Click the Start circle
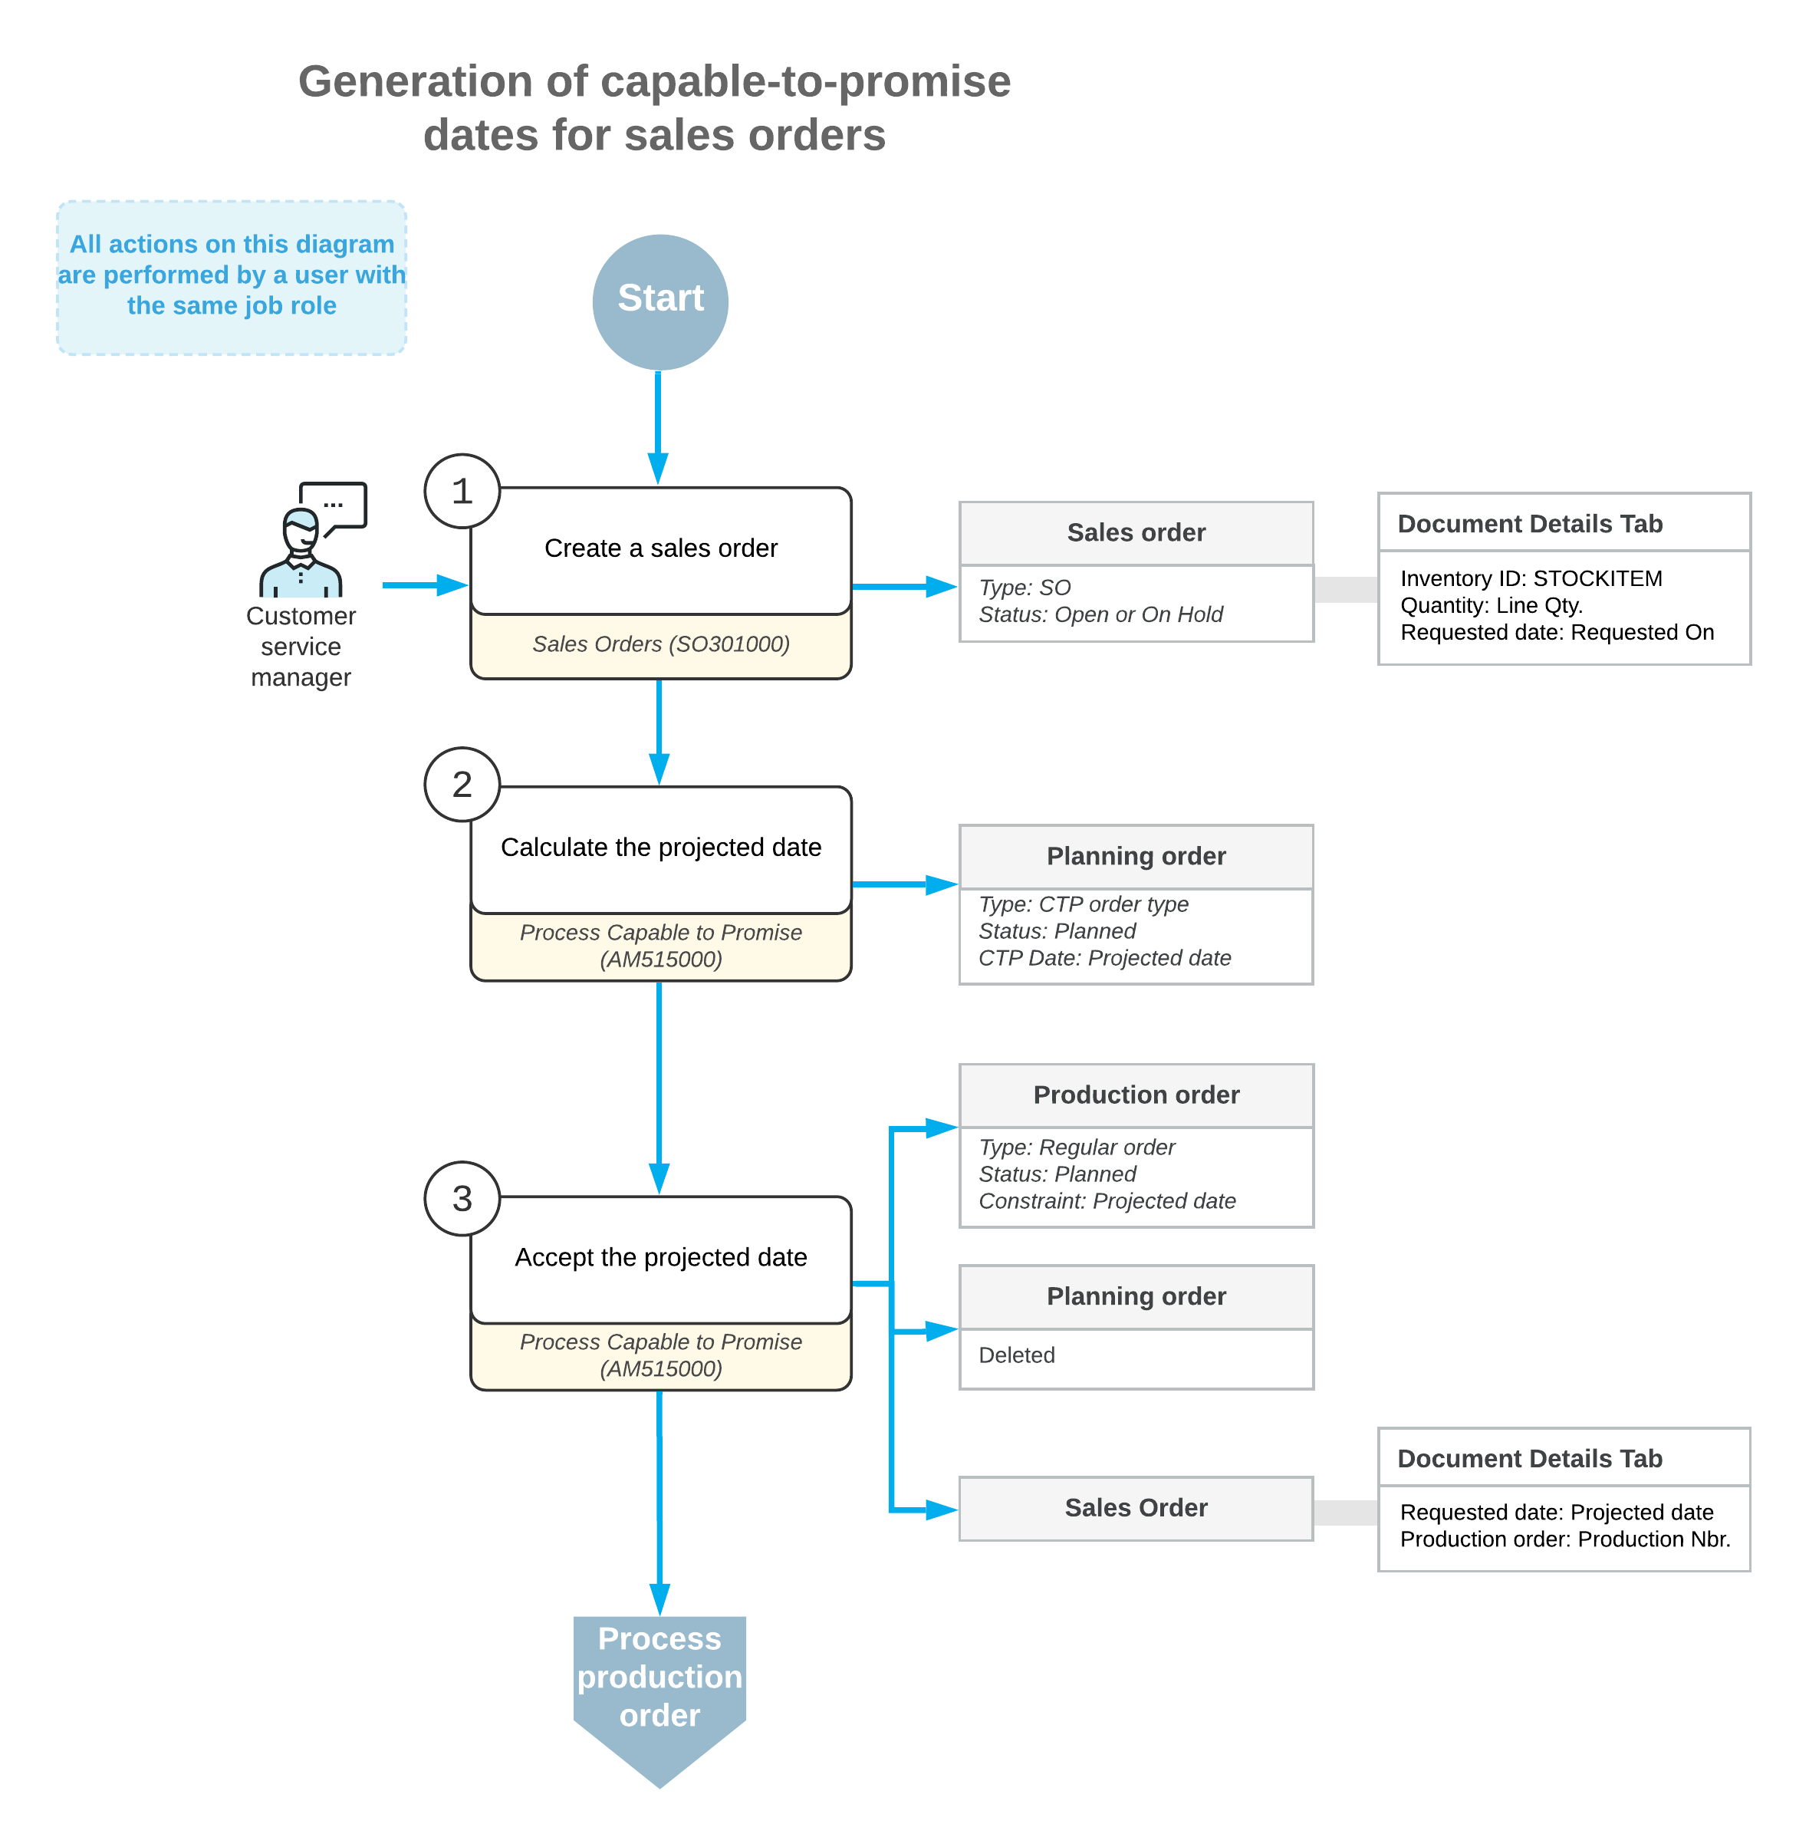660,301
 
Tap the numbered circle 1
462,491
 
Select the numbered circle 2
462,784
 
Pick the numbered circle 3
462,1198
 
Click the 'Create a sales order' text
660,548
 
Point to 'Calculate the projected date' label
660,847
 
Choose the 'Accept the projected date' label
660,1257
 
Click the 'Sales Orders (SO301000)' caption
660,644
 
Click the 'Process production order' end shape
659,1687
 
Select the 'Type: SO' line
1025,588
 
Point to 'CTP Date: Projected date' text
1104,958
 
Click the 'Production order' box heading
1136,1095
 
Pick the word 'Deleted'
1017,1355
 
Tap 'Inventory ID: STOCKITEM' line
1531,578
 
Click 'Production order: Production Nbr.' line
1565,1539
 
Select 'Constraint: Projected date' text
1107,1201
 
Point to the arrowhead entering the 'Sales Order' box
942,1510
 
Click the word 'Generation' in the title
415,82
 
